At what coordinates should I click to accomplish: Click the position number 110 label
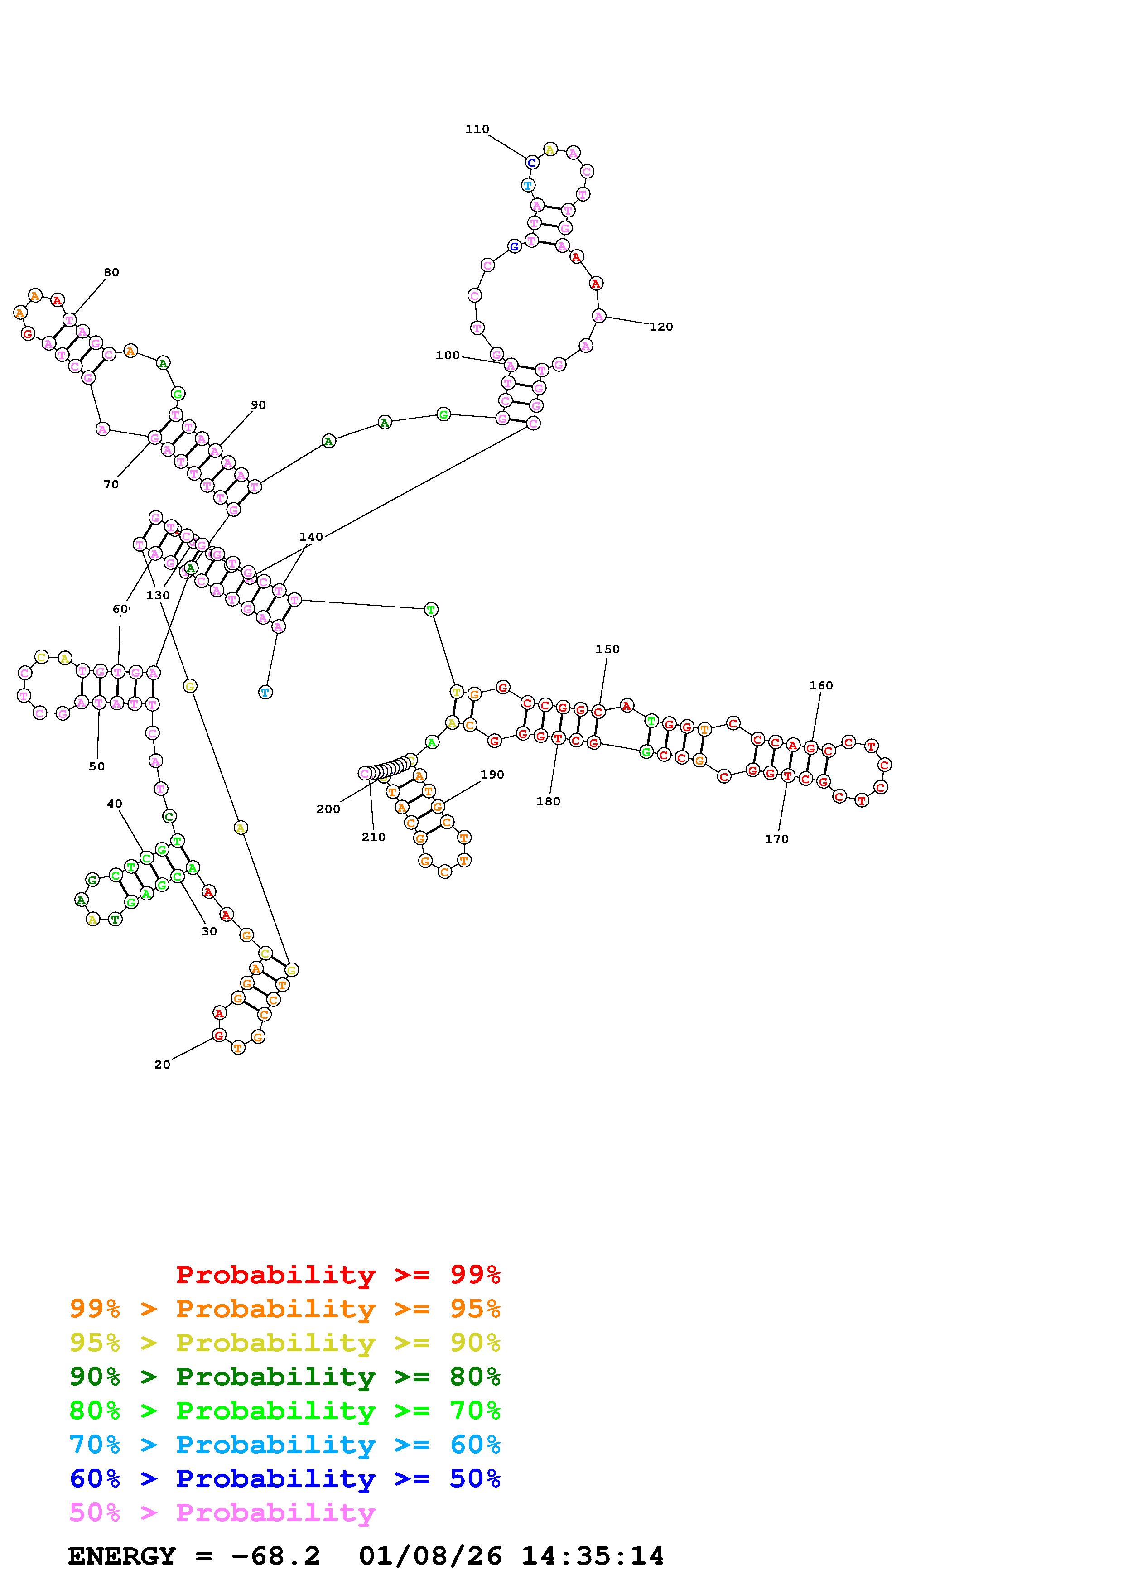point(477,130)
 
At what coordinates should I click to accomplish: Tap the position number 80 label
point(111,273)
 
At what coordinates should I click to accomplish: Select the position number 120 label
point(661,327)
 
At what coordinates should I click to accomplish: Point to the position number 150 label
point(607,649)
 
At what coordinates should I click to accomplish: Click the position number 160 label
point(821,685)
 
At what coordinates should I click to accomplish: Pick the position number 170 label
point(776,839)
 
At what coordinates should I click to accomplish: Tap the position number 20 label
point(162,1064)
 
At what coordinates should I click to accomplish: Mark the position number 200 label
point(328,809)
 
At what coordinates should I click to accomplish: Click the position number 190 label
point(492,775)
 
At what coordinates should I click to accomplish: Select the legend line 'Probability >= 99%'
point(338,1274)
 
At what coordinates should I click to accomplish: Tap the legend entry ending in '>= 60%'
point(284,1445)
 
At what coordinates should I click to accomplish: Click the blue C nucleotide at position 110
point(531,163)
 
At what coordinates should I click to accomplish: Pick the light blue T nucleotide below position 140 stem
point(265,692)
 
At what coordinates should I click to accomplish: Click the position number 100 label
point(448,355)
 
